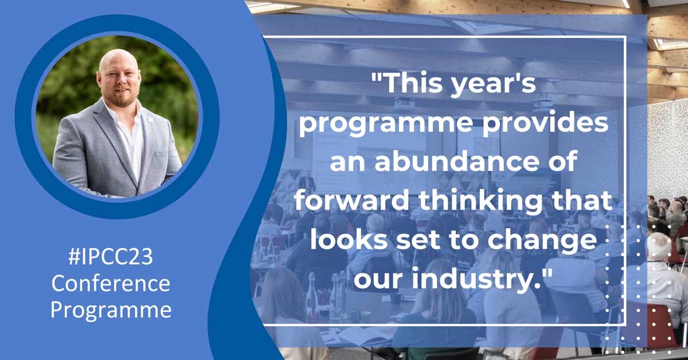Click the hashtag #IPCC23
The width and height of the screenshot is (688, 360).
(x=110, y=257)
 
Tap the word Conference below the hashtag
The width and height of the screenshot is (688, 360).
(x=111, y=284)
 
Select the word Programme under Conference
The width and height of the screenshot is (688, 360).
(x=111, y=310)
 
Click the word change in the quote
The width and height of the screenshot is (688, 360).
(x=542, y=241)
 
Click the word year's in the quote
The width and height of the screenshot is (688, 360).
(x=494, y=84)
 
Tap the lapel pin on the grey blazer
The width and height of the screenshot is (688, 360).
(x=150, y=120)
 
